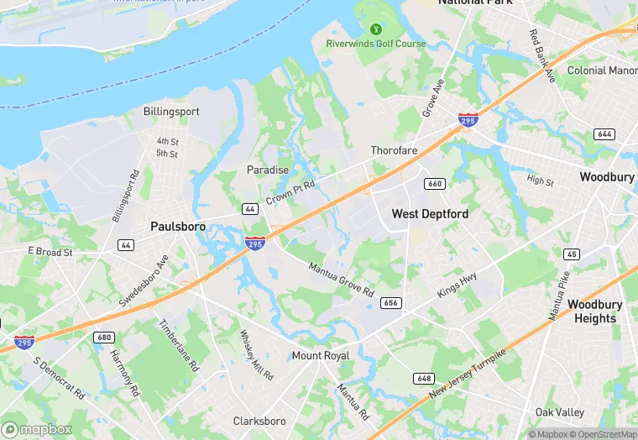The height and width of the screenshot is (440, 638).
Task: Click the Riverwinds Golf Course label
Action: click(x=375, y=44)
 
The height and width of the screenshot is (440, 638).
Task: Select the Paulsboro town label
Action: click(x=178, y=226)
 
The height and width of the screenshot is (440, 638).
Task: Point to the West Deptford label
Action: click(x=430, y=214)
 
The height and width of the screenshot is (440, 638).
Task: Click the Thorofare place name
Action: click(x=395, y=151)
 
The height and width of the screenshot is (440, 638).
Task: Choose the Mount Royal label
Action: click(x=321, y=356)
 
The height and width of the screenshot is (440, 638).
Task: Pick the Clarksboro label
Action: click(x=259, y=421)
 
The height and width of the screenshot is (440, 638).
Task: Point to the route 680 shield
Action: click(x=104, y=338)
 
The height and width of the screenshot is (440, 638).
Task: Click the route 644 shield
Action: click(x=604, y=134)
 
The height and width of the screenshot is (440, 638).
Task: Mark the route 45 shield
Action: click(x=571, y=254)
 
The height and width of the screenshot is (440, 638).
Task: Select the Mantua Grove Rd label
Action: click(x=341, y=280)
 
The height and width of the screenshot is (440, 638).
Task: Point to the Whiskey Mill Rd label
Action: click(x=256, y=353)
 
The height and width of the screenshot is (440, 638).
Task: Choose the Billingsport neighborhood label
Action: click(x=171, y=111)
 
